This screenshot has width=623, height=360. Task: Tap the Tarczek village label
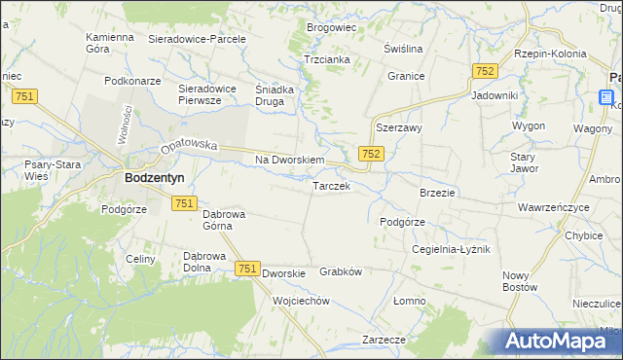(331, 186)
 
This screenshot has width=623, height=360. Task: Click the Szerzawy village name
(397, 127)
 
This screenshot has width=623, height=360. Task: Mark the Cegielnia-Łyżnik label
(452, 249)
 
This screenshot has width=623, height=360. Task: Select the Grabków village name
(341, 272)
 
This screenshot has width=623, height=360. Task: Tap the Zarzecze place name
(384, 340)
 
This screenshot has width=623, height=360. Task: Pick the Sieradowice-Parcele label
(198, 39)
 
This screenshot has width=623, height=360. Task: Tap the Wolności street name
(124, 126)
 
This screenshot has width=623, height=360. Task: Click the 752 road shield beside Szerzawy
(370, 154)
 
